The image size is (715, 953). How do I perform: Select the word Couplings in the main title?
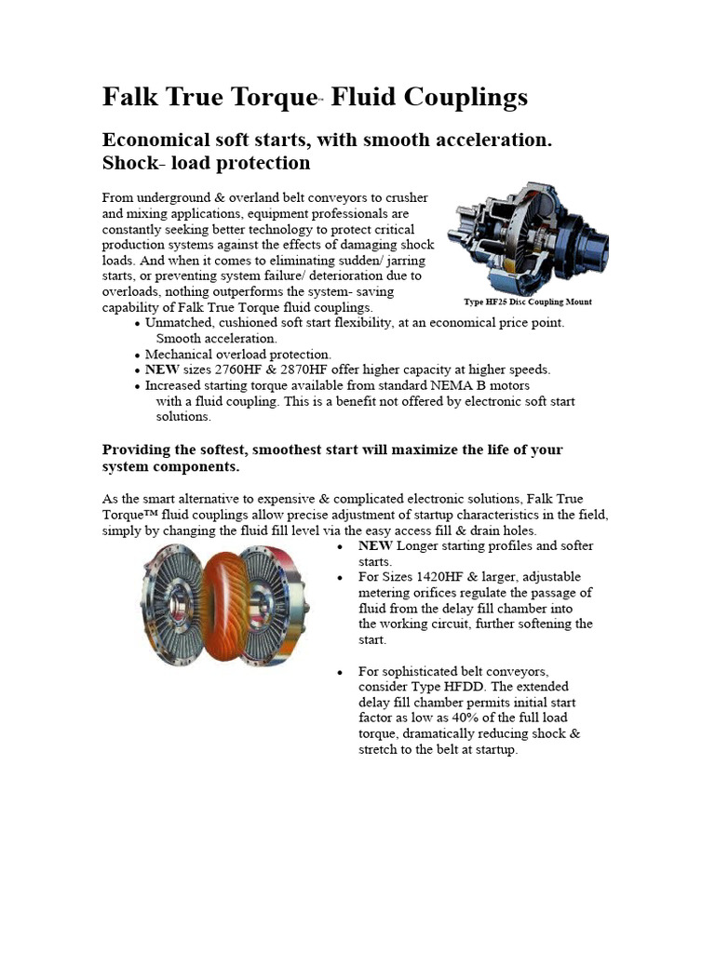click(469, 98)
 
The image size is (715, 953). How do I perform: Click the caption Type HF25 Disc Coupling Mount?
click(528, 302)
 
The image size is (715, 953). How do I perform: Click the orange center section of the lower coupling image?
click(223, 605)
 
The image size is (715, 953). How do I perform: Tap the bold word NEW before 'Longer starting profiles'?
click(375, 546)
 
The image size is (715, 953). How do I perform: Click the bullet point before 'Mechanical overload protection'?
click(138, 355)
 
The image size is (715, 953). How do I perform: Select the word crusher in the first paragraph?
click(406, 198)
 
